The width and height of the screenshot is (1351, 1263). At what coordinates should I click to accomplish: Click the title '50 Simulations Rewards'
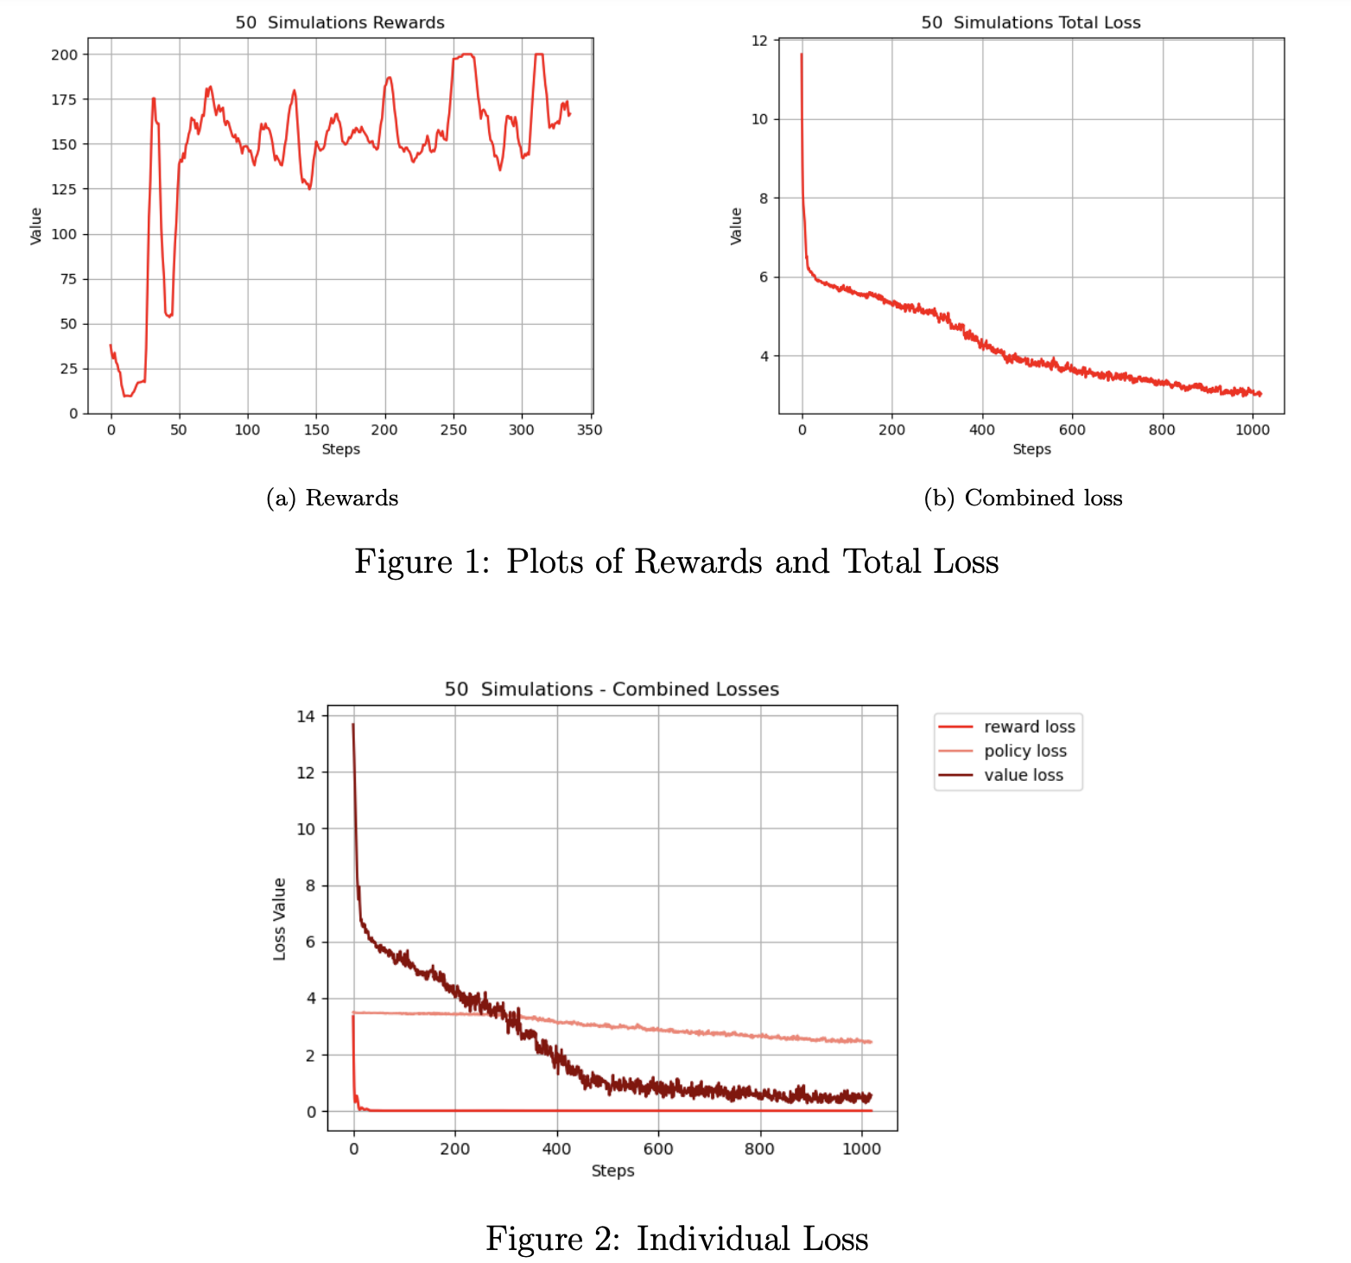(339, 22)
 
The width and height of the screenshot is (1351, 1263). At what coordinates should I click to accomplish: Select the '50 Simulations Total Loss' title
(1031, 22)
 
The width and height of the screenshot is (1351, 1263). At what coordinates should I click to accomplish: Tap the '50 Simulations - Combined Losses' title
(612, 689)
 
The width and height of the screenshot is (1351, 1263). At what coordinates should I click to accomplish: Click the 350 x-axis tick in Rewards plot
(590, 430)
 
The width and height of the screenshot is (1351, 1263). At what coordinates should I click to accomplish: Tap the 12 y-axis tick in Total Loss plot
(759, 40)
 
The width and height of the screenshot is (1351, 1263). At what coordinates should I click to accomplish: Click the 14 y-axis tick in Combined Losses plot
(307, 716)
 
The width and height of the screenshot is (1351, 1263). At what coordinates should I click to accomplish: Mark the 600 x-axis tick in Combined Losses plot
(658, 1149)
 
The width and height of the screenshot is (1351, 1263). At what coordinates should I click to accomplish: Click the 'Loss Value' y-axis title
(280, 919)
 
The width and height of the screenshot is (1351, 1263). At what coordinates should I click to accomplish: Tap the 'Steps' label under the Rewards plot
(340, 449)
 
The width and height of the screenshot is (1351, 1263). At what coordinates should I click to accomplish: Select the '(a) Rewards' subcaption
(333, 498)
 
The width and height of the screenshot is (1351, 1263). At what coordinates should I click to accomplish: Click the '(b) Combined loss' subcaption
(1023, 498)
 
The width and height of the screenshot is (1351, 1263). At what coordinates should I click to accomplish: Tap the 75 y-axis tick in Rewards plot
(68, 279)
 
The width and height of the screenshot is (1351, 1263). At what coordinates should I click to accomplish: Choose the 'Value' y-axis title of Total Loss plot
(736, 226)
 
